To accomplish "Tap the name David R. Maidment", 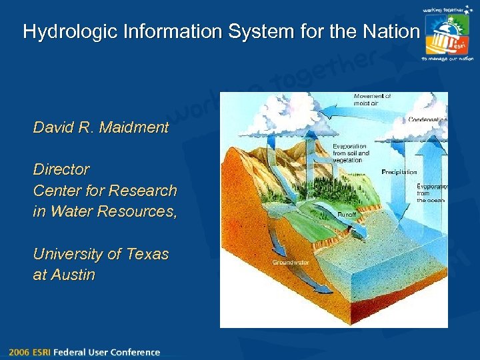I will click(x=101, y=127).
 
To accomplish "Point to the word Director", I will click(x=61, y=169).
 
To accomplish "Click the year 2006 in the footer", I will click(x=19, y=352).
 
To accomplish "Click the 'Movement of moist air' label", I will click(x=372, y=99).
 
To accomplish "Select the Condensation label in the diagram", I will click(x=427, y=120).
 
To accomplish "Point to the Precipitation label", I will click(x=399, y=172).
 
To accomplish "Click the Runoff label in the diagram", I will click(x=345, y=215).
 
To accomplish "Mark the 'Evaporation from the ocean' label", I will click(x=431, y=193).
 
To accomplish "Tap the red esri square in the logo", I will click(x=458, y=44).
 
